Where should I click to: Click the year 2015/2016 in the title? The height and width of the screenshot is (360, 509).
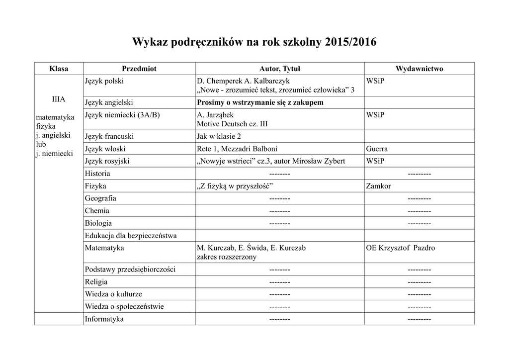pos(350,43)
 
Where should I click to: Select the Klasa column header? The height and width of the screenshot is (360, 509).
pos(59,69)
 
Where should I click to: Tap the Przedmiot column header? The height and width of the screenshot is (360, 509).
pos(139,69)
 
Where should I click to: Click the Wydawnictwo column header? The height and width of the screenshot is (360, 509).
pos(419,69)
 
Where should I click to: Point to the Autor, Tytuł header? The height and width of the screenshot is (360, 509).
pos(280,69)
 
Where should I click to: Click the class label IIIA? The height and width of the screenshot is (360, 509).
pos(59,99)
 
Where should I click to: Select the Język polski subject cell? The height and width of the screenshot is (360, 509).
pos(104,81)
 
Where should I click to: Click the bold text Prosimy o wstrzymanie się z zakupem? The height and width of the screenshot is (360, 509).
pos(260,102)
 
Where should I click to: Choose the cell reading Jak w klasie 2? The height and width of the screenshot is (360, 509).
pos(219,136)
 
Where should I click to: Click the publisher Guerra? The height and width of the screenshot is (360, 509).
pos(377,149)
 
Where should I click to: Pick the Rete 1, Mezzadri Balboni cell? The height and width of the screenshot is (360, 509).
pos(237,149)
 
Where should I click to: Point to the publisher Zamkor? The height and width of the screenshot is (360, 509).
pos(378,186)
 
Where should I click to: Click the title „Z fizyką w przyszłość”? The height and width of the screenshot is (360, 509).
pos(236,186)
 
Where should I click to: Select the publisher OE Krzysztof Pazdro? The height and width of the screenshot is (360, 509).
pos(400,248)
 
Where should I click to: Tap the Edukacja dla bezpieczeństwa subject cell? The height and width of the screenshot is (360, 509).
pos(131,235)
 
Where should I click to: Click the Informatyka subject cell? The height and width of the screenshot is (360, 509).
pos(104,319)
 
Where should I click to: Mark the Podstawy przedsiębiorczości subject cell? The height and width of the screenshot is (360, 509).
pos(130,270)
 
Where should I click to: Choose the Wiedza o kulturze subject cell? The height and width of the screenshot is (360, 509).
pos(113,294)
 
